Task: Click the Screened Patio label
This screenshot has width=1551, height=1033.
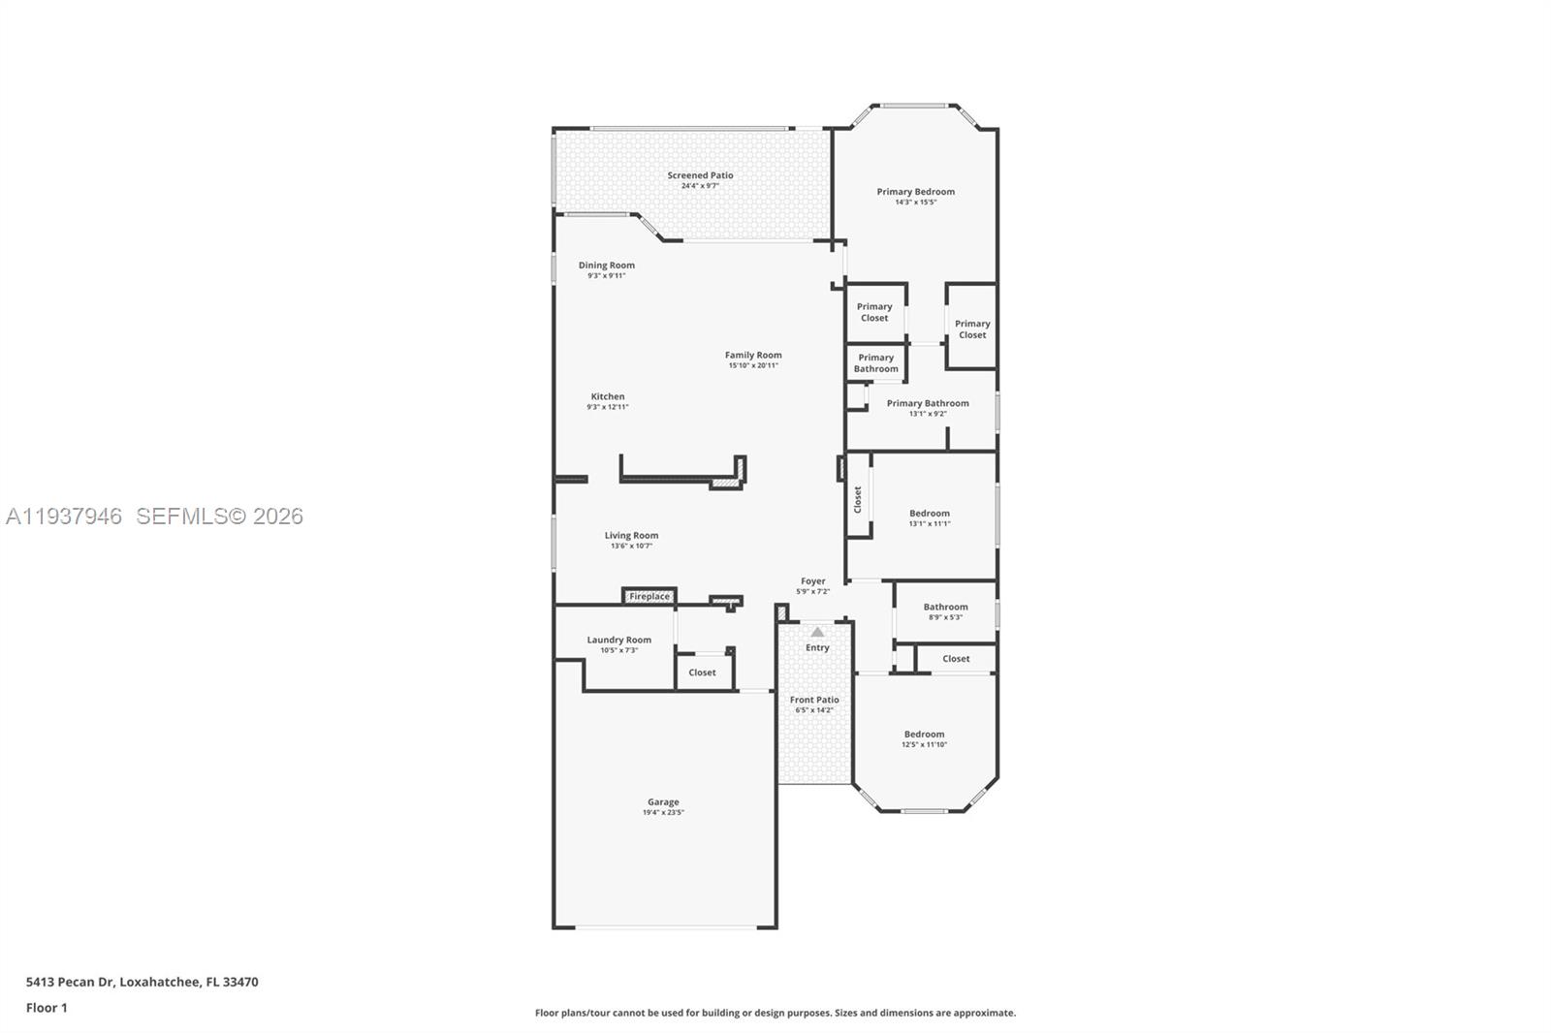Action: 700,175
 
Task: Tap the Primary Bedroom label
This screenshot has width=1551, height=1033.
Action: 915,192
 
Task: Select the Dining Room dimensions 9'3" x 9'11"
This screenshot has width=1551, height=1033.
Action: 607,276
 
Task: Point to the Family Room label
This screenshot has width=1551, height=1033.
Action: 753,355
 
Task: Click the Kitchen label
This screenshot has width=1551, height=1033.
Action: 608,396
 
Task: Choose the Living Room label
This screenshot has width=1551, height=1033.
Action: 631,535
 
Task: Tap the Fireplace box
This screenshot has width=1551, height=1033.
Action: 649,596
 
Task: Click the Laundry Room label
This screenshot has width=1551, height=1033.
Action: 618,640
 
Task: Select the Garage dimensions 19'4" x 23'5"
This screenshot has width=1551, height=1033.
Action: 663,813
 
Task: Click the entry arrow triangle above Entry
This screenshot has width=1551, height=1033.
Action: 817,632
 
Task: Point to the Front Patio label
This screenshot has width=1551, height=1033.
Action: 814,700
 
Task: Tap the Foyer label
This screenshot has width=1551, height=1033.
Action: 812,581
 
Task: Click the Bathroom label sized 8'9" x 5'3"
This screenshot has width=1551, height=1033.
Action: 945,607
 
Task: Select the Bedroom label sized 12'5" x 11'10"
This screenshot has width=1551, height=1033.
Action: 924,735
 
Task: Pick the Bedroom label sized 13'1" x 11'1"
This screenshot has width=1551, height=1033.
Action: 929,514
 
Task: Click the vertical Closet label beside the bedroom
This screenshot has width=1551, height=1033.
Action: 858,500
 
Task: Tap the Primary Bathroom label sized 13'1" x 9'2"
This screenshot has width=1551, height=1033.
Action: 927,403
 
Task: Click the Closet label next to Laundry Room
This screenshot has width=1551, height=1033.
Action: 702,673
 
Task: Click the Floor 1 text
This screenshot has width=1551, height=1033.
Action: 47,1008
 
